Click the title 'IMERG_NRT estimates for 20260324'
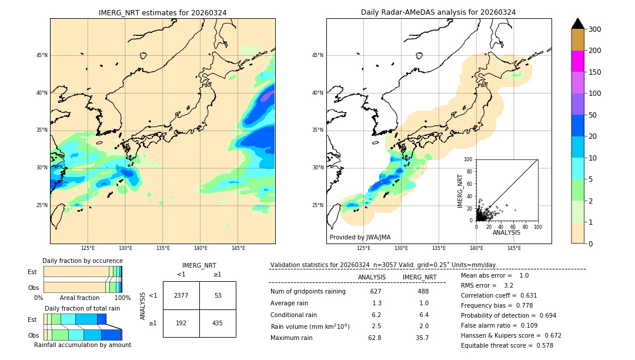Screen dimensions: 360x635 (162, 12)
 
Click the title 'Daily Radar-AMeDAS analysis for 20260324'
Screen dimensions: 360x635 (439, 12)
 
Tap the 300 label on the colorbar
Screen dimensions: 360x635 (594, 29)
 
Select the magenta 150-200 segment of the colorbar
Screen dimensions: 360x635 (578, 61)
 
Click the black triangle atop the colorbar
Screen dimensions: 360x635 (578, 24)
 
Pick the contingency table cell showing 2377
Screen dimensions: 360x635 (181, 295)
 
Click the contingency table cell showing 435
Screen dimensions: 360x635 (218, 323)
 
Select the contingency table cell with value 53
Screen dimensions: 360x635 (218, 295)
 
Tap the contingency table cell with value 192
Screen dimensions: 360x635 (181, 323)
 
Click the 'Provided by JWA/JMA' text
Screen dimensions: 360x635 (360, 238)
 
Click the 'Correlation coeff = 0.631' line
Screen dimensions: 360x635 (499, 295)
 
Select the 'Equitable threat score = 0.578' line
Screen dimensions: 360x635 (507, 345)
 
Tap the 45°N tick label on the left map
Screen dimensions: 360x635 (41, 55)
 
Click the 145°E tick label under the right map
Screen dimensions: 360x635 (514, 249)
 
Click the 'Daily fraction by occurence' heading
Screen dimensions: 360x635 (82, 261)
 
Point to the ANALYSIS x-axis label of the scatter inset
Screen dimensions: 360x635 (507, 232)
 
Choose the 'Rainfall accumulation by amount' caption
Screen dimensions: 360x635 (82, 345)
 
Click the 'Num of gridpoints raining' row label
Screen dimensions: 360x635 (308, 292)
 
